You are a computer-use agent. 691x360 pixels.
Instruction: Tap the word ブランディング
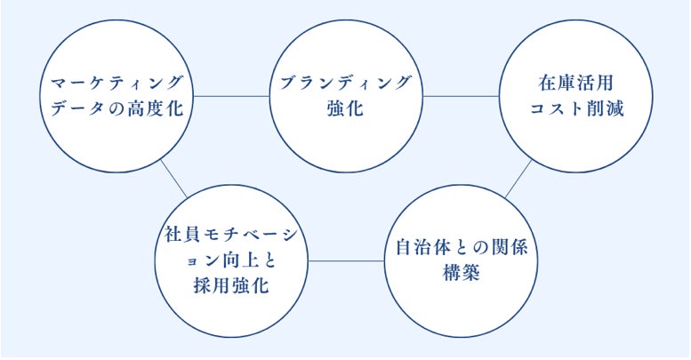pos(345,83)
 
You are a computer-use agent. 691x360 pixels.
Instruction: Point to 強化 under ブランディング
pos(345,111)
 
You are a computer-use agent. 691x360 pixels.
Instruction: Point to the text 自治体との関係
pos(461,246)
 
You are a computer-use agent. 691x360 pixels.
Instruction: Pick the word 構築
pos(461,273)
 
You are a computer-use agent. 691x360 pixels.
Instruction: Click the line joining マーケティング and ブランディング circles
pos(231,95)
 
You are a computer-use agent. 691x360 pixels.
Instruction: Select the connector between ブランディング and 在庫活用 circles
pos(461,95)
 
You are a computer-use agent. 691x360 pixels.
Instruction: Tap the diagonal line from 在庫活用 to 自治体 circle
pos(518,180)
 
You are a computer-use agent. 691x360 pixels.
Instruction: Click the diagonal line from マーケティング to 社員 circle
pos(173,182)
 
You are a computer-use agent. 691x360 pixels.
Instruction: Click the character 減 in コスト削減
pos(615,112)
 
